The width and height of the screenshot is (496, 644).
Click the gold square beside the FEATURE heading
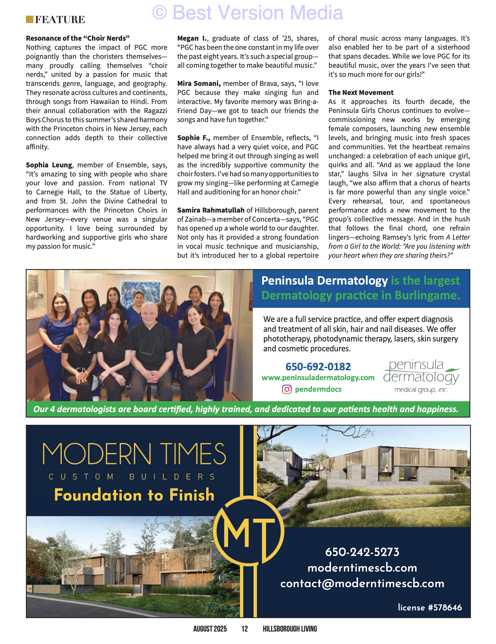tap(29, 20)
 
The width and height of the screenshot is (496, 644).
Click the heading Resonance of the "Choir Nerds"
tap(78, 38)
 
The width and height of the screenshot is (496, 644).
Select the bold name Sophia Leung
tap(49, 165)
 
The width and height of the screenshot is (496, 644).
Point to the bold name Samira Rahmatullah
tap(211, 210)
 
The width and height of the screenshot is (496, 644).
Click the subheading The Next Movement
tap(361, 93)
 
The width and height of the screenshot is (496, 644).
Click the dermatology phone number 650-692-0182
tap(318, 367)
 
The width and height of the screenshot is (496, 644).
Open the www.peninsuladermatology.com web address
tap(318, 378)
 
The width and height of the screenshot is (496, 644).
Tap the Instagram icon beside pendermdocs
tap(287, 390)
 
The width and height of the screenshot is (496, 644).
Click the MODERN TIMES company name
tap(134, 454)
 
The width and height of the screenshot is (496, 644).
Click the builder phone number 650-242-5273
tap(362, 552)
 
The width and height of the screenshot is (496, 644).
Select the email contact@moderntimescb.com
tap(362, 584)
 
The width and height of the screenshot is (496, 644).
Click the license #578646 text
tap(430, 607)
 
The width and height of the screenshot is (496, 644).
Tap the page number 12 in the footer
tap(245, 629)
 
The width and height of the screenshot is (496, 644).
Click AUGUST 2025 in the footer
tap(210, 629)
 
